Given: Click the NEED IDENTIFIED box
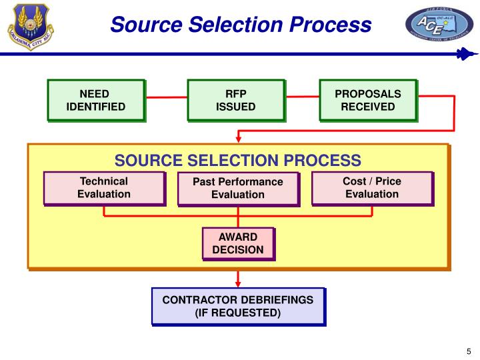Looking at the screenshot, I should [x=95, y=100].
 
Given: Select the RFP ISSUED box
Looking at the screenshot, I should [x=235, y=100].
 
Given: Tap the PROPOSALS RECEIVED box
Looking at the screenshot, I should [x=367, y=100].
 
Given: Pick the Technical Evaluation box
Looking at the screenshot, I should [x=103, y=187].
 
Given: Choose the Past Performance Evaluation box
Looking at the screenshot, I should [x=237, y=188].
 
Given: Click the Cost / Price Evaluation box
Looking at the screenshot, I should [x=371, y=187].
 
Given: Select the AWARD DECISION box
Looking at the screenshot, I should [x=237, y=243].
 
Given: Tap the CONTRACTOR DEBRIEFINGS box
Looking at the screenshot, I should [x=237, y=306].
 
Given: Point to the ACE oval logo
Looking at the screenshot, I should [x=439, y=26].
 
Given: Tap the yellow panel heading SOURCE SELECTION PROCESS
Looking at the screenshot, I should [x=237, y=161].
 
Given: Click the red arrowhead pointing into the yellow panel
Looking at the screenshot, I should [x=238, y=139].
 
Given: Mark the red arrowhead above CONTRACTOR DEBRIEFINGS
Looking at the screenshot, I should [x=238, y=283].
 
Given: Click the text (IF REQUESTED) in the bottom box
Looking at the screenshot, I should [x=237, y=313].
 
